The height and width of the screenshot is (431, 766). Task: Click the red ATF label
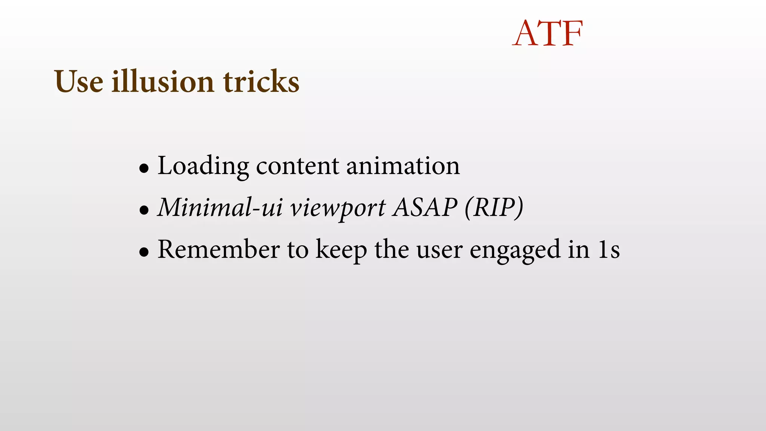tap(548, 34)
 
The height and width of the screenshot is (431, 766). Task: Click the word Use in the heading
tap(79, 82)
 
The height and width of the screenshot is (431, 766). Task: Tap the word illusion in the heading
tap(163, 82)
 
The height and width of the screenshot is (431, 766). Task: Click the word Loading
tap(203, 166)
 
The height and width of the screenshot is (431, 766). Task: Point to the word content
tap(297, 166)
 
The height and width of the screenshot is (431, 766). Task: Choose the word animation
tap(403, 166)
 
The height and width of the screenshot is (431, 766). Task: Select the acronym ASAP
tap(425, 208)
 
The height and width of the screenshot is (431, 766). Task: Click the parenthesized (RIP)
tap(493, 208)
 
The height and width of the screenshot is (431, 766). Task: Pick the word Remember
tap(218, 250)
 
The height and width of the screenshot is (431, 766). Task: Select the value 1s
tap(608, 250)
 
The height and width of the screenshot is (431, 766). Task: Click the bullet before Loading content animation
tap(144, 169)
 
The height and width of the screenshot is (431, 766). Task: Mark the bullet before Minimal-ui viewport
tap(144, 211)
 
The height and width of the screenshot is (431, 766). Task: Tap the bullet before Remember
tap(144, 253)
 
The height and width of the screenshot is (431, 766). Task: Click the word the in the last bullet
tap(392, 250)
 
